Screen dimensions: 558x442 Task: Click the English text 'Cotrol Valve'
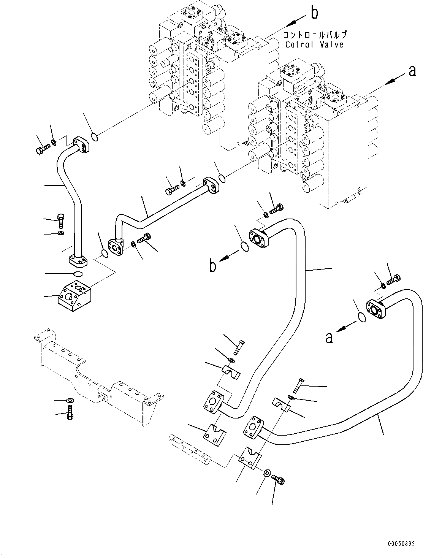coord(314,44)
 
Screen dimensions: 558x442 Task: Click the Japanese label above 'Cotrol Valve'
coord(314,35)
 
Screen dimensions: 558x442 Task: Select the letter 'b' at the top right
coord(314,13)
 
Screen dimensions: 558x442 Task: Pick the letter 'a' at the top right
coord(412,71)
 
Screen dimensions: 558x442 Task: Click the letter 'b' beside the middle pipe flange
coord(213,266)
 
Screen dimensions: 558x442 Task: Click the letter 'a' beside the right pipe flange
coord(329,337)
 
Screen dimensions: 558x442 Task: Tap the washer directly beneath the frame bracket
coord(70,400)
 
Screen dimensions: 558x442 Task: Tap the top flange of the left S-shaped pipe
coord(81,145)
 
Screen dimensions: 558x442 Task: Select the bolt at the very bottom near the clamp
coord(280,481)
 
